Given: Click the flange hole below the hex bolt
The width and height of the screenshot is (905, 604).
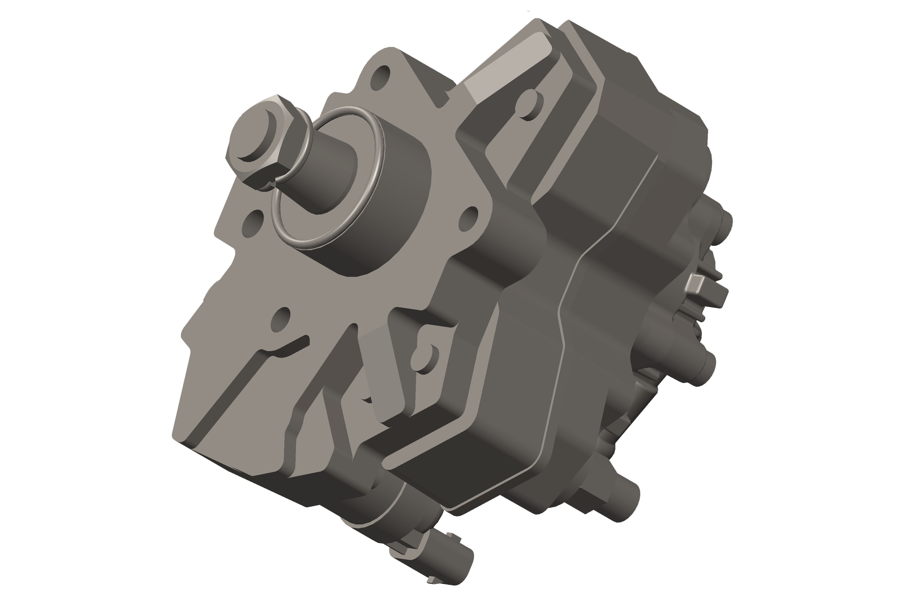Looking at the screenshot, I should [x=252, y=223].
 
